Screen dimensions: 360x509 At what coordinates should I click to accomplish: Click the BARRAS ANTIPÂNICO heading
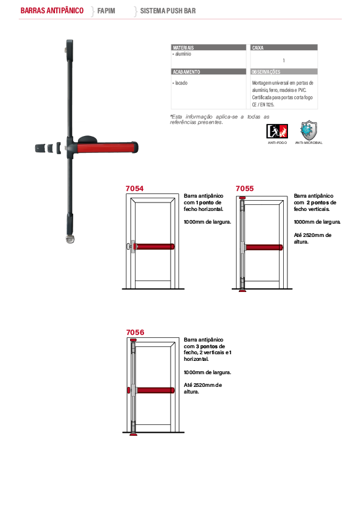52,11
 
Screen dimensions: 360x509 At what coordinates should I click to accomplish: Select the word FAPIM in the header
106,11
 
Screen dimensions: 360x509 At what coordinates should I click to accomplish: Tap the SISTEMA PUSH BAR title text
168,11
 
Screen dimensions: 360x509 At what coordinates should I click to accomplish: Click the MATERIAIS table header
183,48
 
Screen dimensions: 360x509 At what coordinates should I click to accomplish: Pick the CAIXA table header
258,48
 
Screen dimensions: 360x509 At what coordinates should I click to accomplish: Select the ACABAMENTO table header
186,72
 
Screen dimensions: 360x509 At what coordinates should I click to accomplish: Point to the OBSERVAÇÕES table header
266,72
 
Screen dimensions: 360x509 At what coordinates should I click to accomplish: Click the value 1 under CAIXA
284,60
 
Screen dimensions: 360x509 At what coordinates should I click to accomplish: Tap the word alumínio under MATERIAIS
183,54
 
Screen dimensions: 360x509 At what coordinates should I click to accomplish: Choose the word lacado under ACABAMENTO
182,83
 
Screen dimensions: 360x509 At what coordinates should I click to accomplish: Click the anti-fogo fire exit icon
277,131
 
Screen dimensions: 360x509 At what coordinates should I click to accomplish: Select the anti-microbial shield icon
309,130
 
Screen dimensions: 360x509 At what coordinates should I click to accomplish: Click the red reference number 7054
134,189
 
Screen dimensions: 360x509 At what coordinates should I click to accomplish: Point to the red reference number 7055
244,189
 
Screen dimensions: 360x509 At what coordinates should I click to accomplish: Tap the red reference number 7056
135,332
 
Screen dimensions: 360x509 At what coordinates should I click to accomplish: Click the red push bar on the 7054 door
154,247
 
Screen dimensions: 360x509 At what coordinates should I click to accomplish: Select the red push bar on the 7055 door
264,247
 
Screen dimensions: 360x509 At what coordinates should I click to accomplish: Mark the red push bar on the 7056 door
155,390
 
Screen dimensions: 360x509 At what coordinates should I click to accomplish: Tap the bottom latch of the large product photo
70,239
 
